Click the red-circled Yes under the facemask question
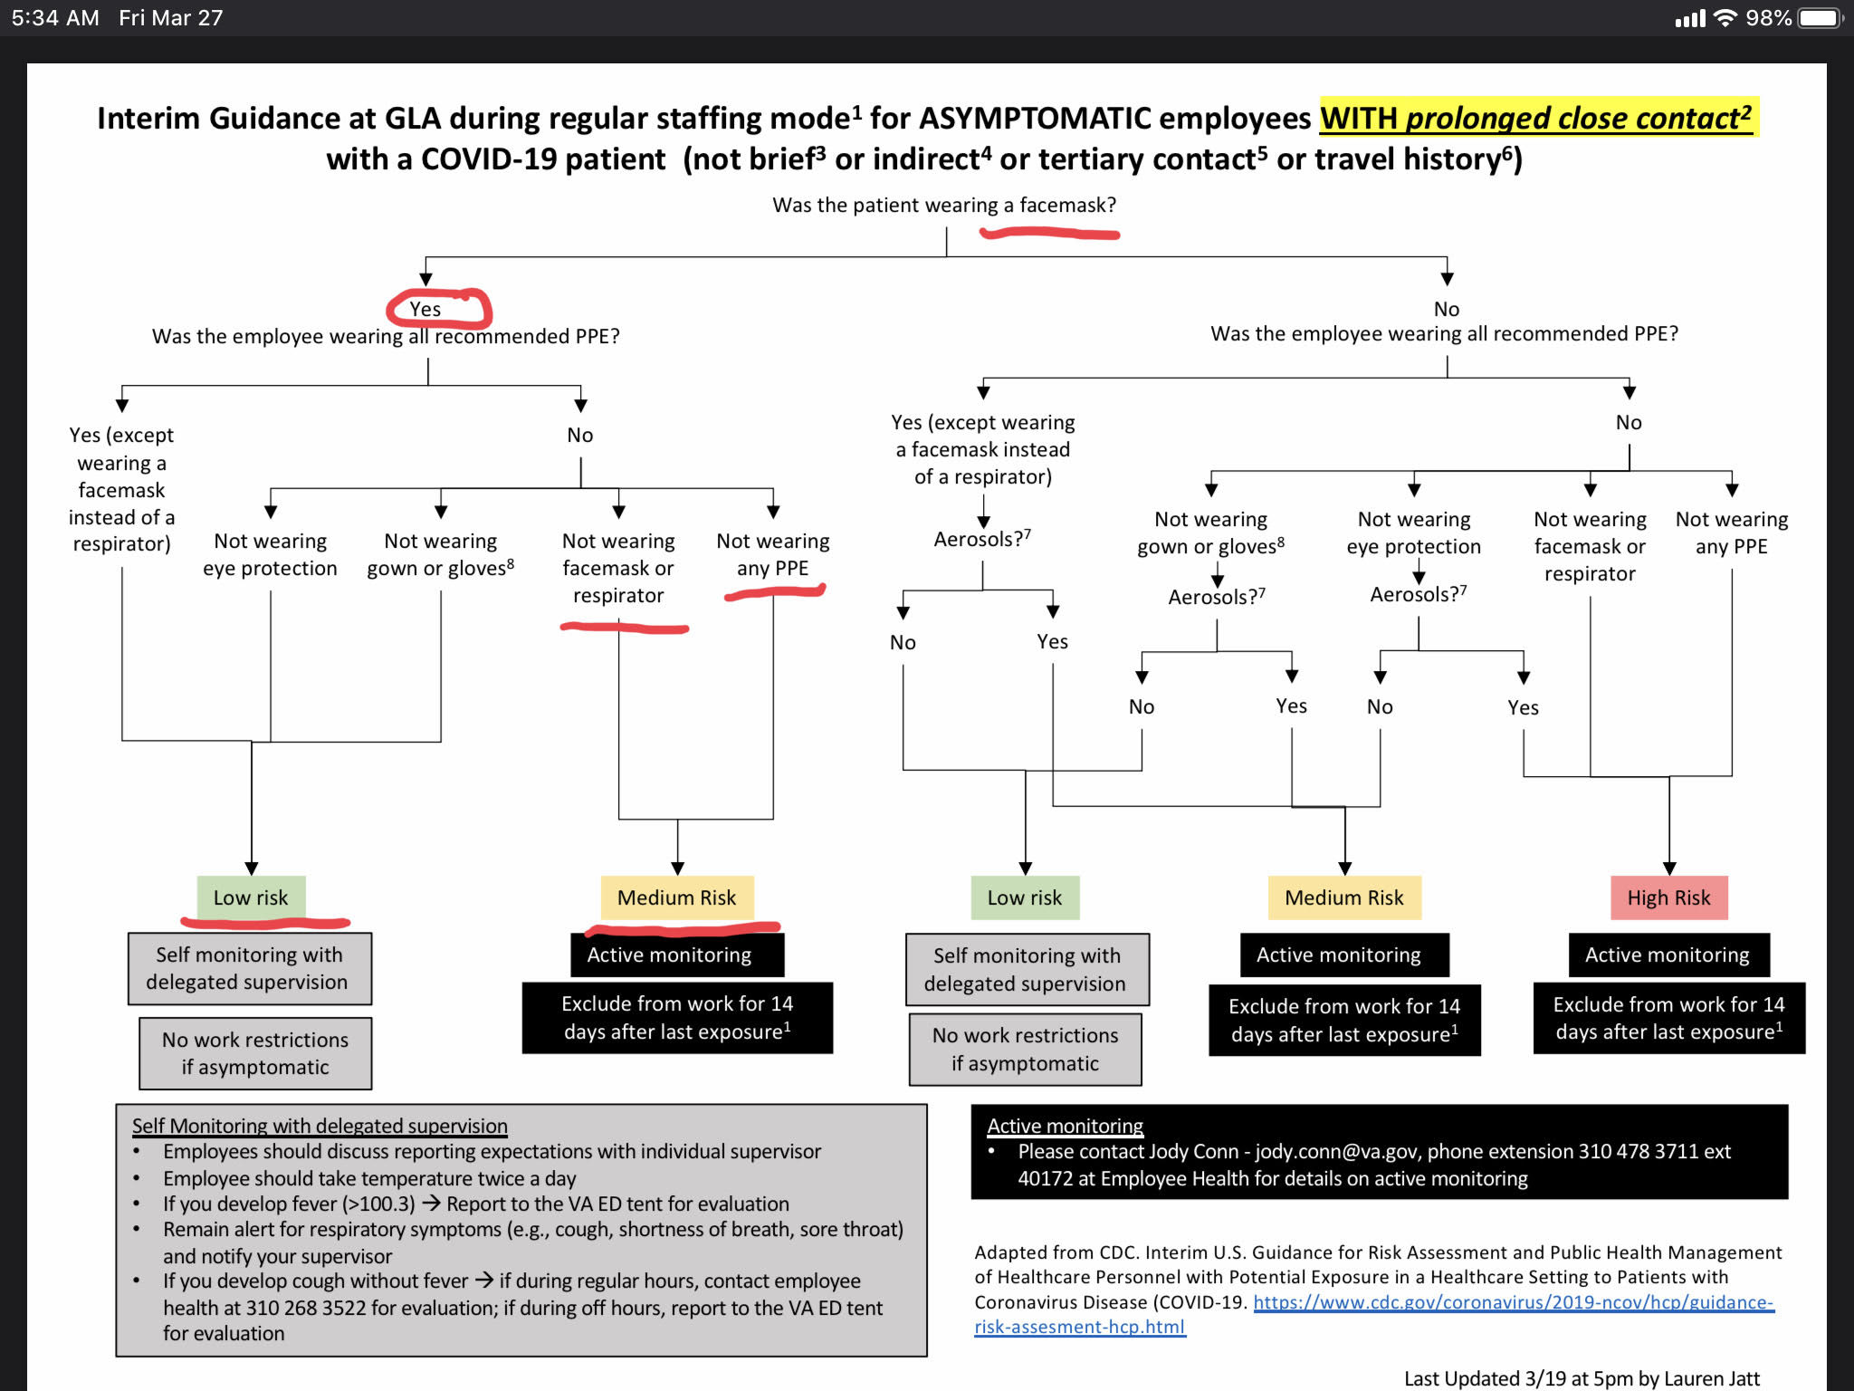[425, 309]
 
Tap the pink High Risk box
[1668, 897]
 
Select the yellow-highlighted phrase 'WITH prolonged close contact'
[1535, 118]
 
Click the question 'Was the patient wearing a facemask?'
[943, 205]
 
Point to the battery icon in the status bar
[1820, 18]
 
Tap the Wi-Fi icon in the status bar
[1725, 18]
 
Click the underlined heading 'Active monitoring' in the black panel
[1065, 1126]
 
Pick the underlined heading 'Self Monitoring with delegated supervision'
[320, 1126]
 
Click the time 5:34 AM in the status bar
[55, 18]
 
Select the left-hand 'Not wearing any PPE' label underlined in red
[773, 554]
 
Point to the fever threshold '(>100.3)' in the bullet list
[378, 1204]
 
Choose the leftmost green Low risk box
[251, 897]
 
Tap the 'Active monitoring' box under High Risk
[1668, 955]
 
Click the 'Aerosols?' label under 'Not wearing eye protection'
[1417, 594]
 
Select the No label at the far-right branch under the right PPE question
[1629, 422]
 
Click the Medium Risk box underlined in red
[676, 897]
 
